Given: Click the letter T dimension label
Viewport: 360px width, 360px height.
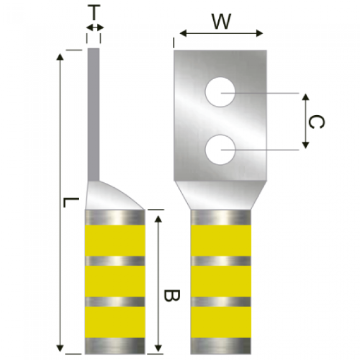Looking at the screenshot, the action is tap(94, 12).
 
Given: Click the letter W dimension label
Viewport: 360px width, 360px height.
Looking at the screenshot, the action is tap(221, 22).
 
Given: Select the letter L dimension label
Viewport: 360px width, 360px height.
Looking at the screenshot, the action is tap(71, 202).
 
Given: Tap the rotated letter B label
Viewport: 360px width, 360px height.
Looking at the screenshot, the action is tap(172, 296).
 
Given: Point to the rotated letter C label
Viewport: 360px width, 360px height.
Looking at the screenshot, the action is tap(317, 122).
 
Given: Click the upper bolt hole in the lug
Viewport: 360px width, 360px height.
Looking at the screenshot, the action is tap(220, 92).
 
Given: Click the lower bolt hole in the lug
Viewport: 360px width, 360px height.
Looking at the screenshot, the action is tap(220, 150).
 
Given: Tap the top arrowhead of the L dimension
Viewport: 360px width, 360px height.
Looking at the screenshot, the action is tap(60, 56).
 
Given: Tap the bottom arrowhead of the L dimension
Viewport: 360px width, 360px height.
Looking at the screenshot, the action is tap(60, 348).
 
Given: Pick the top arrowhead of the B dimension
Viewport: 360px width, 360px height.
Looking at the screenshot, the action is tap(158, 219).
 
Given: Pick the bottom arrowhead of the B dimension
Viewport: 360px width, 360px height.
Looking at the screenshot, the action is tap(158, 348).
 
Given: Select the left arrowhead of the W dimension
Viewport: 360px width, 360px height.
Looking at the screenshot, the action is tap(183, 34).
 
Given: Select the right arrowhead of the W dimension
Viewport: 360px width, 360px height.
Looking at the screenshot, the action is tap(259, 34).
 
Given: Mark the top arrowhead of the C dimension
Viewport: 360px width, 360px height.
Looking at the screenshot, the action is tap(305, 97).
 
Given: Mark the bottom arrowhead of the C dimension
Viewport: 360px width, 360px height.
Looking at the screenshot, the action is tap(305, 145).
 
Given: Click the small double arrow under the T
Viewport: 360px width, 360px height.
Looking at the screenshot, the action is tap(95, 28).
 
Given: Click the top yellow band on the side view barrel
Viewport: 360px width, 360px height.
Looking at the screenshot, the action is tap(115, 240).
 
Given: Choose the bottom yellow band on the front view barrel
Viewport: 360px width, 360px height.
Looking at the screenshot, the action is tap(221, 322).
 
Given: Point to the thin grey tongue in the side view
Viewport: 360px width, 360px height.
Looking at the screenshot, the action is tap(94, 114).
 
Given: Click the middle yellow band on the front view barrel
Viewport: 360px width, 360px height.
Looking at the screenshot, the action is tap(221, 281).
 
